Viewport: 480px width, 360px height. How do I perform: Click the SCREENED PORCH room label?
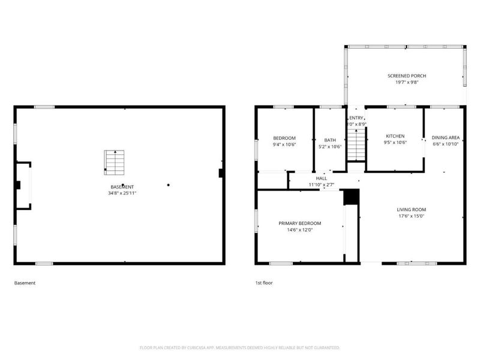pos(406,76)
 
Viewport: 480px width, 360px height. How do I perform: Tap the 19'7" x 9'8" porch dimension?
pos(406,83)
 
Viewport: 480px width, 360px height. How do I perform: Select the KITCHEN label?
pos(395,136)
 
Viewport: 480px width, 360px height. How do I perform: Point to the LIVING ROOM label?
pos(411,209)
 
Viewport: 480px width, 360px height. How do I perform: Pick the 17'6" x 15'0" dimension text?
pos(411,217)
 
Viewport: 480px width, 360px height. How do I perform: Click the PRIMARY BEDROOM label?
pos(299,223)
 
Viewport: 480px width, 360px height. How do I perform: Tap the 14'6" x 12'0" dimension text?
pos(299,230)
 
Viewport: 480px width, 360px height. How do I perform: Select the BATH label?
pos(330,140)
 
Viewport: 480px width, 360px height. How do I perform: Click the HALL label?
pos(322,178)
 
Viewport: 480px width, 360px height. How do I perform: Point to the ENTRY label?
pos(356,118)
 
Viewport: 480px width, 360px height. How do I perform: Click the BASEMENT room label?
pos(121,187)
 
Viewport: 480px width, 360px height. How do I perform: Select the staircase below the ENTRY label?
pos(356,144)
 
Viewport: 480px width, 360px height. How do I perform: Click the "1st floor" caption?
pos(264,283)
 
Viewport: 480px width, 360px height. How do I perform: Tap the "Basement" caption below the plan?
pos(25,283)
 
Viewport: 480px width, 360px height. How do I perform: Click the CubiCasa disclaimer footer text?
pos(240,347)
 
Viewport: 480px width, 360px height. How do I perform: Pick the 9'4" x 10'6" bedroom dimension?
pos(284,145)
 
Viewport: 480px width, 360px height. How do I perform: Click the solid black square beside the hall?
pos(350,197)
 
